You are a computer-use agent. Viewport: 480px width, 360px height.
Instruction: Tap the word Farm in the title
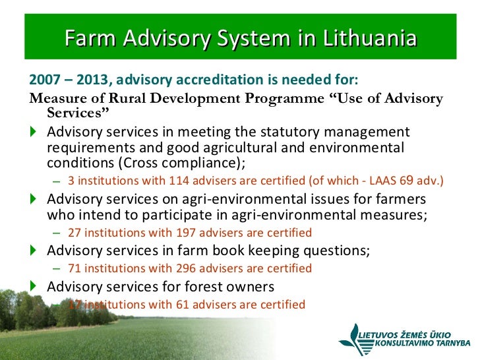point(87,38)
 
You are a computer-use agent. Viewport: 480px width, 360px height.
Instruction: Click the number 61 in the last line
point(181,304)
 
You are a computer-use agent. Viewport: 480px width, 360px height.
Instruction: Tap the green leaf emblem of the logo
point(352,336)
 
